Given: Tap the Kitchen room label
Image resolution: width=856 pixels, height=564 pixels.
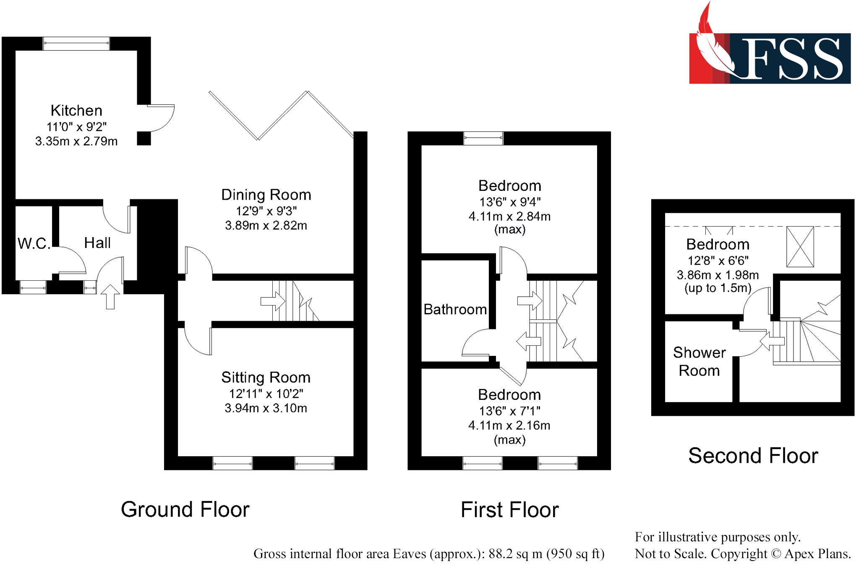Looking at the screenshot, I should tap(76, 111).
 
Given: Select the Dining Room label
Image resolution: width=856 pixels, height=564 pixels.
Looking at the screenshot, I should tap(266, 195).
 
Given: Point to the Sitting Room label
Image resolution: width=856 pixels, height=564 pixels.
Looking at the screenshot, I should tap(266, 378).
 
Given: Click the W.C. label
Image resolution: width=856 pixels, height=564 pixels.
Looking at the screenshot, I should tap(34, 243).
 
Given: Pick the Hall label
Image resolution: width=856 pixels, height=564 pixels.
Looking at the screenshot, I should tap(97, 243).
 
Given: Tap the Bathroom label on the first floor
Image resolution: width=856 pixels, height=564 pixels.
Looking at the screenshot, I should tap(455, 310).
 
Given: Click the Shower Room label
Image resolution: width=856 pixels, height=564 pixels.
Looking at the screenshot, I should tap(699, 361).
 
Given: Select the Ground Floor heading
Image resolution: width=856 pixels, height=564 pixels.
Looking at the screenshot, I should tap(185, 509).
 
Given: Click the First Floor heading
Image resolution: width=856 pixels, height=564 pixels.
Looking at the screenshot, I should tap(509, 510).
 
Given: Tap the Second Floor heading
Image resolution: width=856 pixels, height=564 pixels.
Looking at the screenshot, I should tap(753, 456).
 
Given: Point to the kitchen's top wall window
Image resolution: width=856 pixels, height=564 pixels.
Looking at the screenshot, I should tap(76, 44).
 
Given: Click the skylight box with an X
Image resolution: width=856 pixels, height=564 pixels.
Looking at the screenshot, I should tap(800, 247).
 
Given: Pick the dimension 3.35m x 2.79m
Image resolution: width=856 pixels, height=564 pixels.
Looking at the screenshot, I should tap(76, 141).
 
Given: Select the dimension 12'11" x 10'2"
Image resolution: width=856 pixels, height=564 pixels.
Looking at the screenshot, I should tap(266, 394).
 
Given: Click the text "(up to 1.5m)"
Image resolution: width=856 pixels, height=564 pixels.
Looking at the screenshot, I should tap(718, 288).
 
